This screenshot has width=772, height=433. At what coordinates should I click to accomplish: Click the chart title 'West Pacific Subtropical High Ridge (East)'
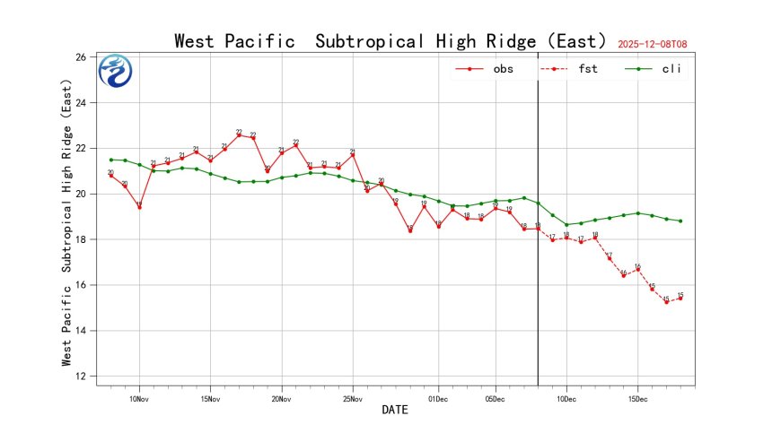[x=394, y=41]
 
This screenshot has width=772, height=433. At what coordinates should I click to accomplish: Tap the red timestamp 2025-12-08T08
[x=659, y=44]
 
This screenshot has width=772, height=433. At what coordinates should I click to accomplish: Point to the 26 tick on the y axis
[x=80, y=57]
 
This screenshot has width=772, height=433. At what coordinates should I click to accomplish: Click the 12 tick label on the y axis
[x=80, y=377]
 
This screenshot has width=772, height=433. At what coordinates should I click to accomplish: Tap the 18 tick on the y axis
[x=80, y=239]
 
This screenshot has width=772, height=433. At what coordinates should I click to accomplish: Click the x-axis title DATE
[x=394, y=411]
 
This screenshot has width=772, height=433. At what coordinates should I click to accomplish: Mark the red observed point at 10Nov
[x=139, y=207]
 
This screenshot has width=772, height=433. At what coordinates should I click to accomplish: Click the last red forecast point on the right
[x=680, y=299]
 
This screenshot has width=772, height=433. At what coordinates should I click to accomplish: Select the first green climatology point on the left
[x=110, y=160]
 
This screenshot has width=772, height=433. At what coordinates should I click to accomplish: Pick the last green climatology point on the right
[x=680, y=221]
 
